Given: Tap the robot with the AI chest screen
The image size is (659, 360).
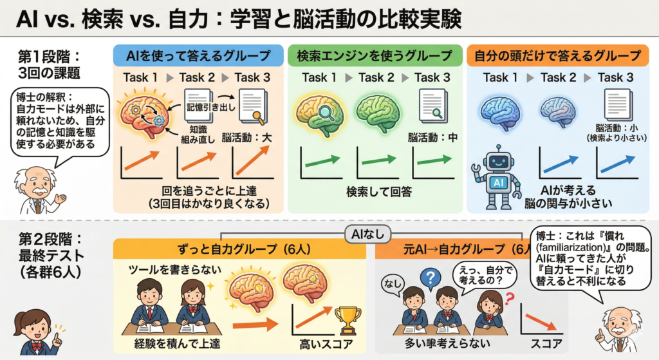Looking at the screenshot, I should coord(497,176).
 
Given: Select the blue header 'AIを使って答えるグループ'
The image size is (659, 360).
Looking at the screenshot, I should coord(200,55).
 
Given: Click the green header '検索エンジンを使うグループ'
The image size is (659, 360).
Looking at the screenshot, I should coord(374,55).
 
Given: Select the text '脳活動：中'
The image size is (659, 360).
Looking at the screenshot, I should coord(432,137).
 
